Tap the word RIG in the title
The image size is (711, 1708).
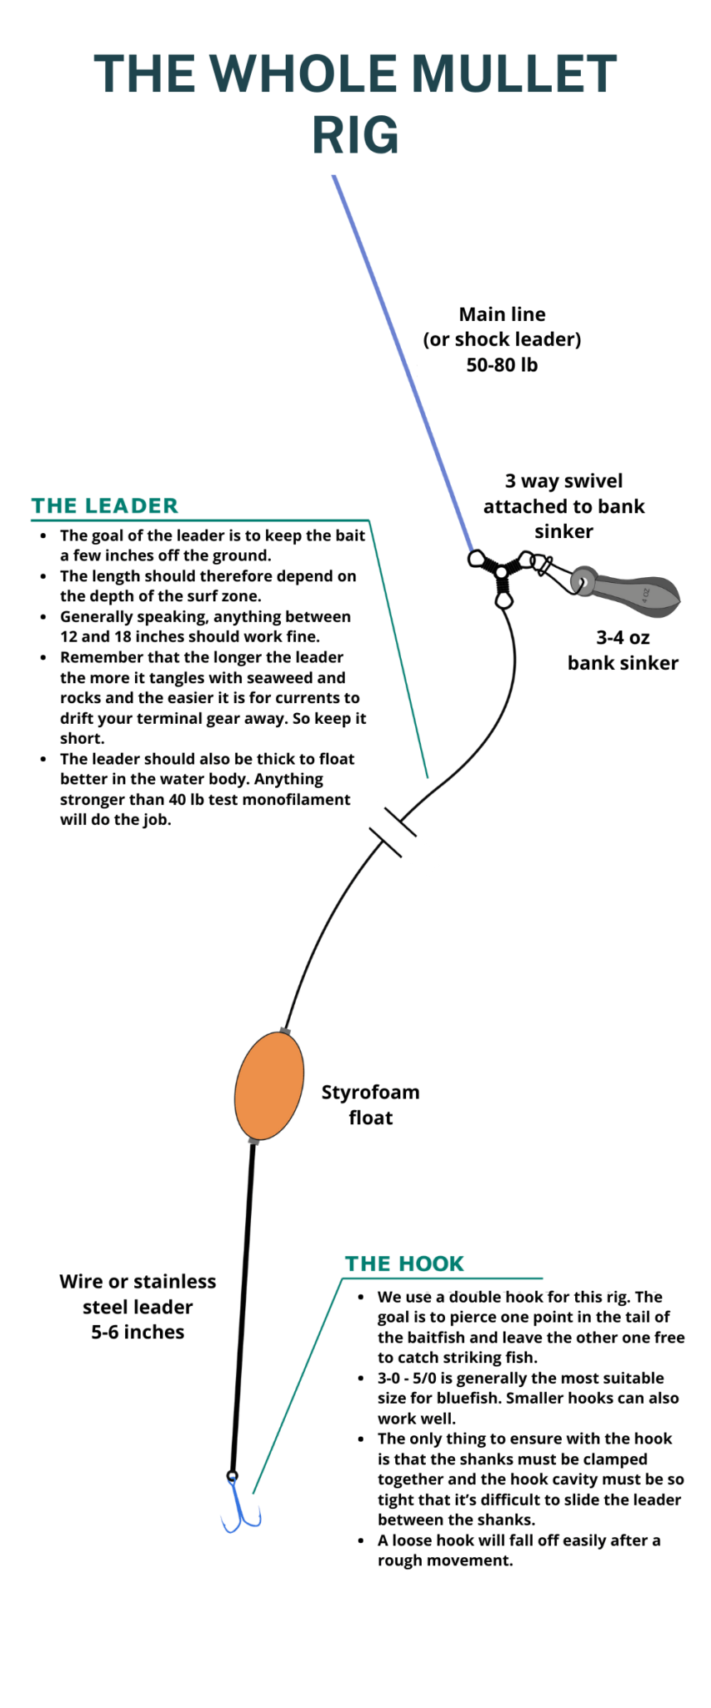(355, 135)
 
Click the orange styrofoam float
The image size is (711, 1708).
(268, 1085)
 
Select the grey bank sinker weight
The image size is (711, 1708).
(633, 594)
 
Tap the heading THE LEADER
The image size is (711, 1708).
(105, 506)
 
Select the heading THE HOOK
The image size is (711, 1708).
(404, 1263)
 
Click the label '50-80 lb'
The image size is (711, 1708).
(502, 364)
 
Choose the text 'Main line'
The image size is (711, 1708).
(502, 314)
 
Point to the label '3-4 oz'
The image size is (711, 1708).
(623, 638)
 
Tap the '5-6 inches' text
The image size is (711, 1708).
(138, 1332)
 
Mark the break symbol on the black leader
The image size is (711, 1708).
(393, 832)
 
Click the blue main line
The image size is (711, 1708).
(400, 359)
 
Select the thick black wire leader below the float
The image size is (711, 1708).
(243, 1301)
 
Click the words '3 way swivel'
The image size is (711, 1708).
(563, 481)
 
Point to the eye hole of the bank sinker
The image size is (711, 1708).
(582, 580)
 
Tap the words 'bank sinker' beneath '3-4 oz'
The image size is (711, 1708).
(623, 663)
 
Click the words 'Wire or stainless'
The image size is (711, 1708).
(138, 1282)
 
